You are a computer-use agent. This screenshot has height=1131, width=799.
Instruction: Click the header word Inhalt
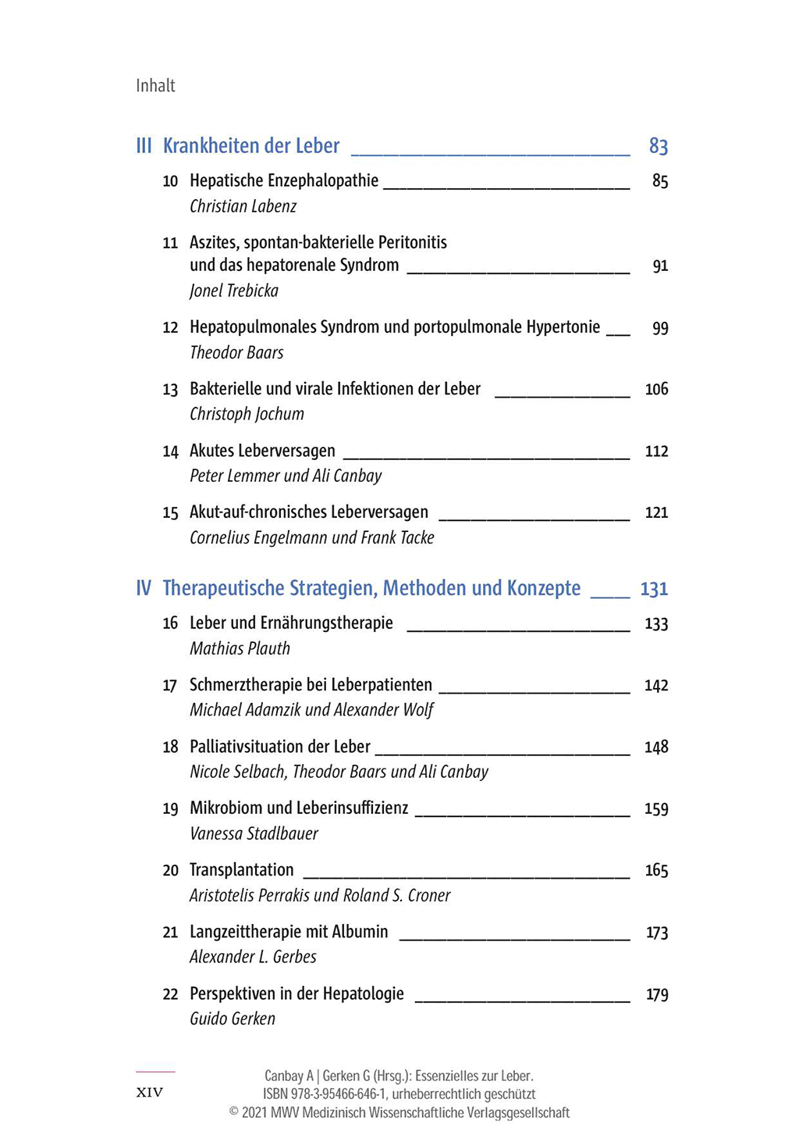[x=155, y=86]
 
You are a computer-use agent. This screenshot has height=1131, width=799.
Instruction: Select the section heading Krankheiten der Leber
[x=250, y=146]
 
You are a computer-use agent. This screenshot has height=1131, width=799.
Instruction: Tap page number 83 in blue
[x=658, y=146]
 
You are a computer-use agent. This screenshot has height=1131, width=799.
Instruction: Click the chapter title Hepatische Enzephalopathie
[x=284, y=181]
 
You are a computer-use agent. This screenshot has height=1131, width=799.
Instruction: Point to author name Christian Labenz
[x=243, y=207]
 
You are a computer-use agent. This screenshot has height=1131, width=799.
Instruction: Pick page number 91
[x=660, y=266]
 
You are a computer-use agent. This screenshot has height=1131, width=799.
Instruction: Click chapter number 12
[x=170, y=328]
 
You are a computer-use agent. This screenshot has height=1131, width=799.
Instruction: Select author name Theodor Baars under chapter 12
[x=236, y=353]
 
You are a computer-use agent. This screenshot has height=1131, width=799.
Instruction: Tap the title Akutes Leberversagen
[x=262, y=451]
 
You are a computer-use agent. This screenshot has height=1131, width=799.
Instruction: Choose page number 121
[x=656, y=513]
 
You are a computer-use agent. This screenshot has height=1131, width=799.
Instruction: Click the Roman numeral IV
[x=144, y=588]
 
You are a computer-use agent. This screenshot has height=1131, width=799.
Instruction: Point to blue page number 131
[x=654, y=589]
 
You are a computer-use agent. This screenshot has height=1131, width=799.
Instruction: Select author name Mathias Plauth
[x=240, y=649]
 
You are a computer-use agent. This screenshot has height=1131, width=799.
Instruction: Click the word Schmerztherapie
[x=245, y=685]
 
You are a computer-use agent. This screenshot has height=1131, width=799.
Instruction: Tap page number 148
[x=656, y=747]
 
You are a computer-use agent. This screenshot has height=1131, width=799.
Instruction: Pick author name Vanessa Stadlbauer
[x=254, y=834]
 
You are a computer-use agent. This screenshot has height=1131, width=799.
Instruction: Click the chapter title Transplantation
[x=242, y=870]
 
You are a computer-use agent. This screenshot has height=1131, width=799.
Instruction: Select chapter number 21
[x=170, y=933]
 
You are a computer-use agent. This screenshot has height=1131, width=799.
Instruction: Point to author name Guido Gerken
[x=233, y=1019]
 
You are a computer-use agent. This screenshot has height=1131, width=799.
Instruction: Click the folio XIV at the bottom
[x=150, y=1093]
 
